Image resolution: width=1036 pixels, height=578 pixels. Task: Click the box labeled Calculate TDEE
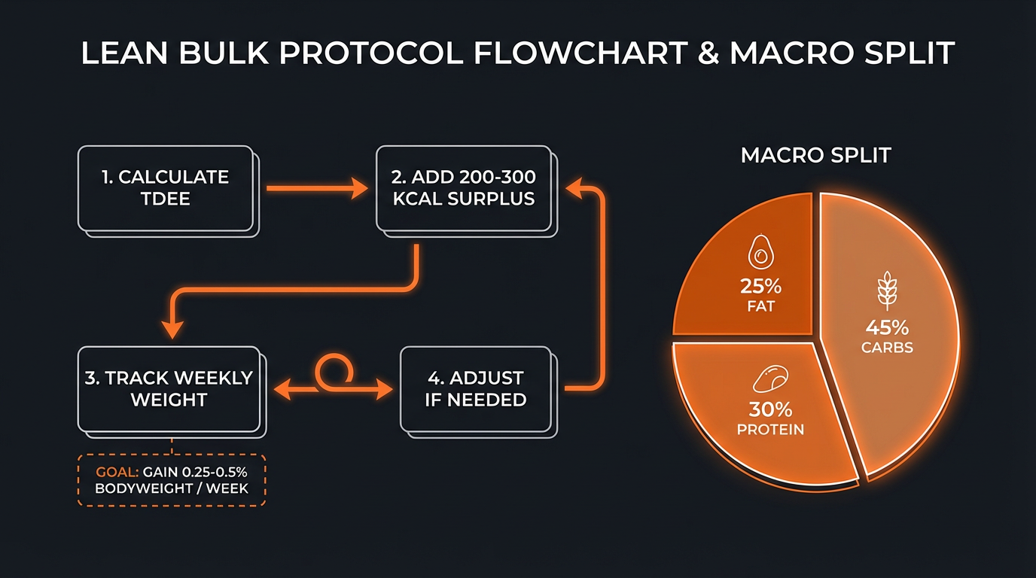point(166,188)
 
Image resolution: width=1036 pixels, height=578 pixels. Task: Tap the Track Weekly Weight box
point(169,389)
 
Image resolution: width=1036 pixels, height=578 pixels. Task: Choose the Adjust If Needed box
point(476,389)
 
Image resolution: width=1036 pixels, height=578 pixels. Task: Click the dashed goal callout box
point(172,479)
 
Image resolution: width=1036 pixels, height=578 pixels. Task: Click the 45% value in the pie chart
point(888,328)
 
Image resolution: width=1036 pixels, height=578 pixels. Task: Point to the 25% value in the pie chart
point(761,287)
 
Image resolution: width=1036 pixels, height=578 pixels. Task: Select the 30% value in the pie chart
point(770,409)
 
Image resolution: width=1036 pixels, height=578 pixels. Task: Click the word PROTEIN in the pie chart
point(770,430)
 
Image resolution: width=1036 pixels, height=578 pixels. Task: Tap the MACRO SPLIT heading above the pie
point(815,156)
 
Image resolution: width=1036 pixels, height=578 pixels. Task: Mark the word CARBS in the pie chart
point(888,348)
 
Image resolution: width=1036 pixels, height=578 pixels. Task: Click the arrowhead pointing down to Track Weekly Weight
point(173,329)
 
